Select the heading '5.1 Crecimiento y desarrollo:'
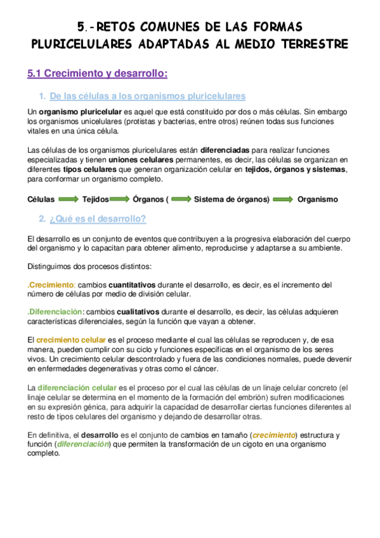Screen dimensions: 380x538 pos(98,74)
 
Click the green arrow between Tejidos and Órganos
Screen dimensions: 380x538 pos(121,199)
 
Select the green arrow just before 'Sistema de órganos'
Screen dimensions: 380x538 pos(181,199)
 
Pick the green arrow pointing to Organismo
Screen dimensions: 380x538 pos(283,199)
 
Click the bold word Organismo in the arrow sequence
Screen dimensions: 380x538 pos(318,199)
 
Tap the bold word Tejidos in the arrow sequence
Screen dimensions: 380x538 pos(95,199)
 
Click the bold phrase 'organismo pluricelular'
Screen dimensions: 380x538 pos(76,112)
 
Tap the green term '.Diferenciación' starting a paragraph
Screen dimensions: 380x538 pos(55,312)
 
